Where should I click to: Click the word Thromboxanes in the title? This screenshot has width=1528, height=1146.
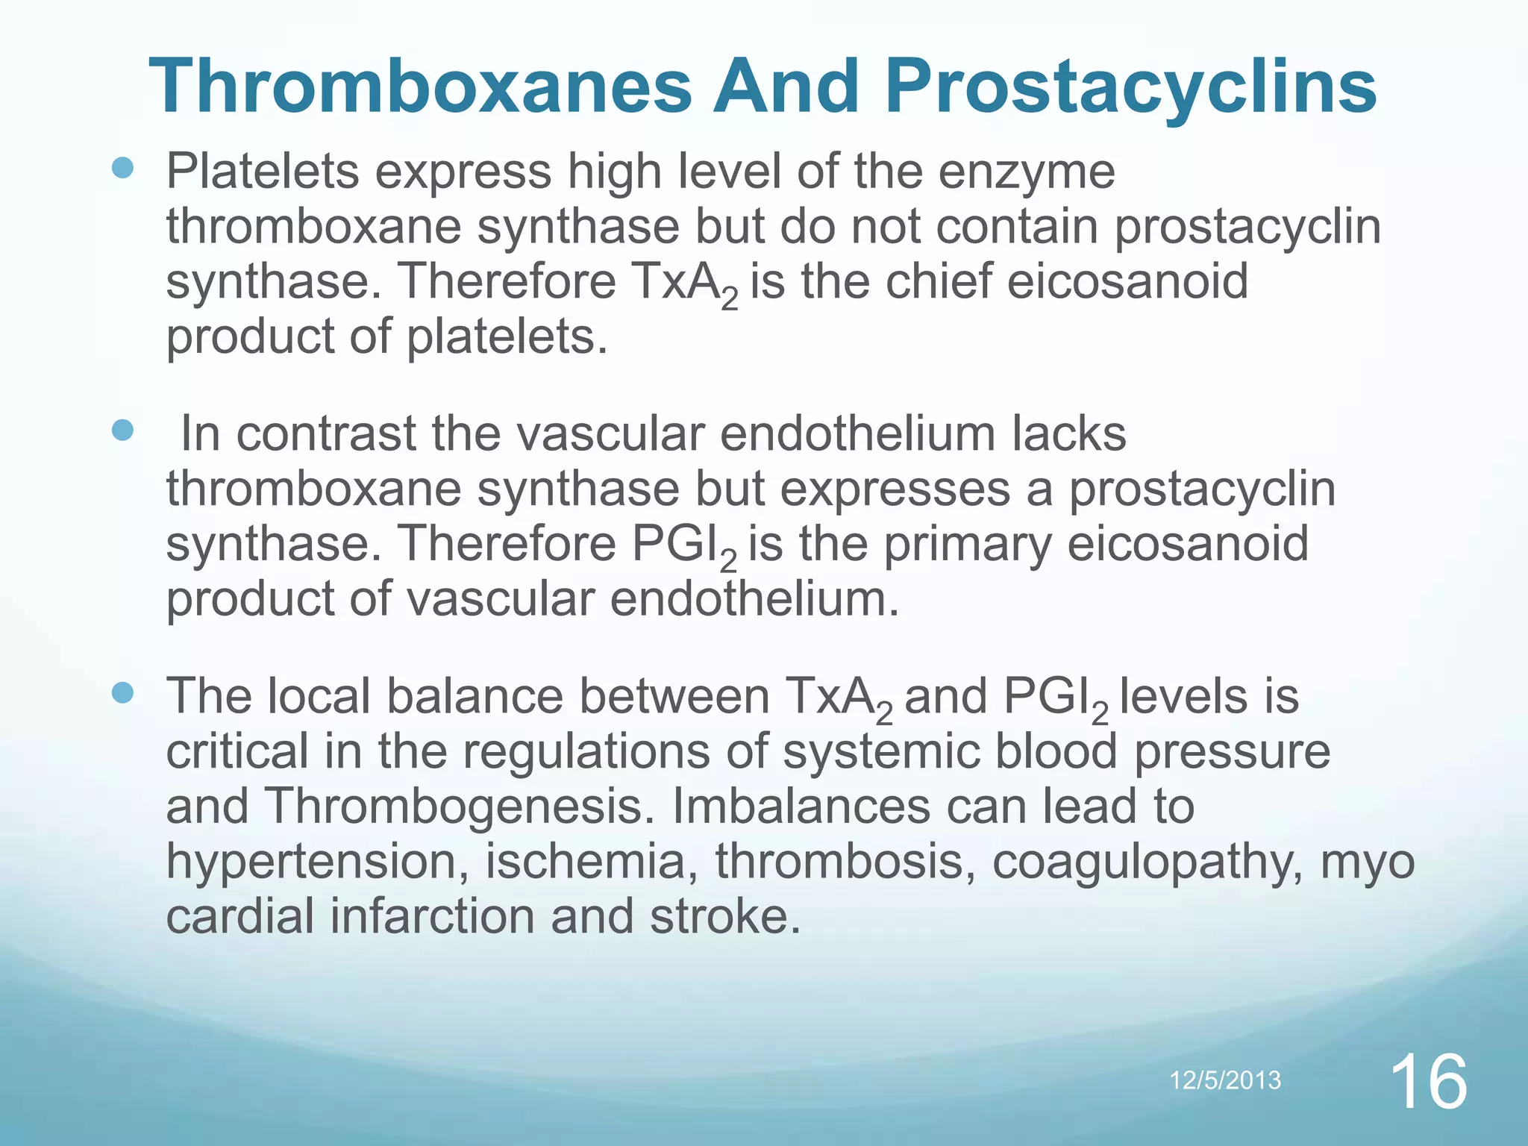(420, 87)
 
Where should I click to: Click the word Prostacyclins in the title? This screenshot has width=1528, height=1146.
(1131, 87)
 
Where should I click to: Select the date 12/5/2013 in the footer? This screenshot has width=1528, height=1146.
(1224, 1080)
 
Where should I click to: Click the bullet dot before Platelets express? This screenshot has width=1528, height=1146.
(122, 168)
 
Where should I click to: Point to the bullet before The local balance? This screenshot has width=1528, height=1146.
(122, 693)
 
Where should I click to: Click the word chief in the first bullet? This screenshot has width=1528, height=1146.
(939, 282)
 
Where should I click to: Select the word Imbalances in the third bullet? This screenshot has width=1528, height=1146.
(801, 807)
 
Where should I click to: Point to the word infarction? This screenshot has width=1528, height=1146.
(433, 917)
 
